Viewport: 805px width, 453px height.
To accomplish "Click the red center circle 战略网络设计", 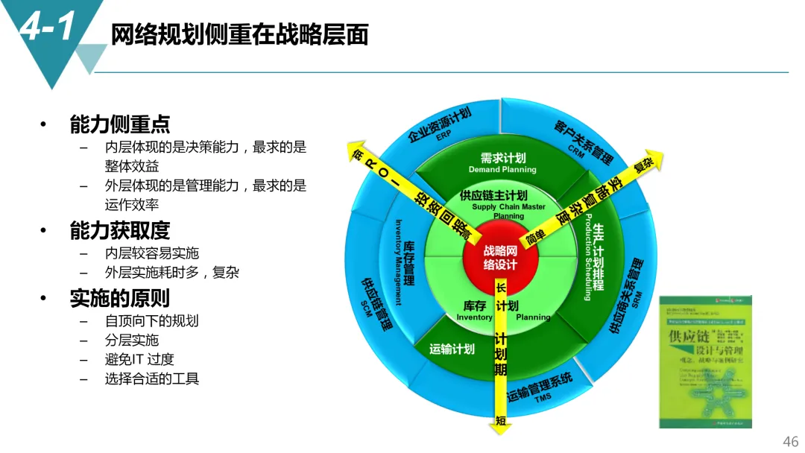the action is (499, 258).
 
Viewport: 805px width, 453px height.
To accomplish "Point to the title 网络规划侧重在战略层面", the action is (239, 34).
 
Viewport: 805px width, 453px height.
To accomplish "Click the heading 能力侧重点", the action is (119, 124).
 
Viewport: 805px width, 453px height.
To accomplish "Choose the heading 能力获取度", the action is (119, 230).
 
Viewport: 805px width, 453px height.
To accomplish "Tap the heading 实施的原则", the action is (119, 298).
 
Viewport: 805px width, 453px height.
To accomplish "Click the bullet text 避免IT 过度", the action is (139, 359).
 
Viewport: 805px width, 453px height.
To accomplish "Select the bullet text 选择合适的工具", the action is (152, 378).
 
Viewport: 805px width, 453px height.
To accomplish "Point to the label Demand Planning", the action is (502, 170).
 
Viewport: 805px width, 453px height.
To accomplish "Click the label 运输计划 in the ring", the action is (452, 349).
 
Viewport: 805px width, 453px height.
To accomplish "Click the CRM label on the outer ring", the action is (576, 151).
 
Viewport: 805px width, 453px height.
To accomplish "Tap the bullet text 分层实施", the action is (132, 340).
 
